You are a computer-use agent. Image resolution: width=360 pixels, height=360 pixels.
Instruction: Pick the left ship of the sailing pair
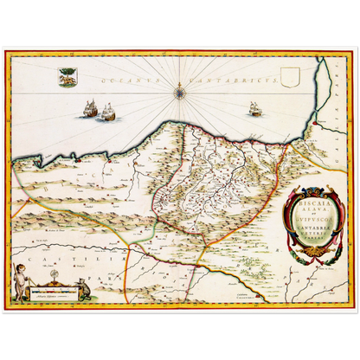90,108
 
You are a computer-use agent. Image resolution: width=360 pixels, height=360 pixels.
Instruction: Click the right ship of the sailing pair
108,112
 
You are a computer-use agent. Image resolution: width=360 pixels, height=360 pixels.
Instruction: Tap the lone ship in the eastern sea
254,109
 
